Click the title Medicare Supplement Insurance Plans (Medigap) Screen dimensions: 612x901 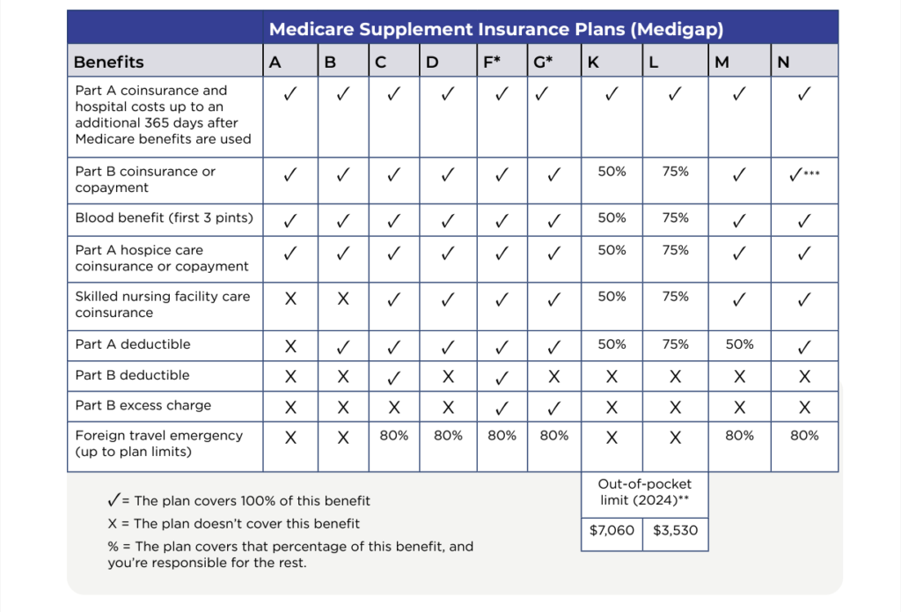pyautogui.click(x=496, y=29)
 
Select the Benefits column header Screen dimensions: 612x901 pyautogui.click(x=109, y=63)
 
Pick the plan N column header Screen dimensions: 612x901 pyautogui.click(x=783, y=63)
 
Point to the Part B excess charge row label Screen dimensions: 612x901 pyautogui.click(x=143, y=406)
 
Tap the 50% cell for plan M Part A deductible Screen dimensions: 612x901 pyautogui.click(x=739, y=344)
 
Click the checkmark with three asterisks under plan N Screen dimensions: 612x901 pyautogui.click(x=804, y=174)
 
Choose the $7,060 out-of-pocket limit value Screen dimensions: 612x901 pyautogui.click(x=612, y=531)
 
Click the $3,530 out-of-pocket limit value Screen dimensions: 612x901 pyautogui.click(x=675, y=531)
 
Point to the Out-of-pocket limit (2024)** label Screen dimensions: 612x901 pyautogui.click(x=644, y=492)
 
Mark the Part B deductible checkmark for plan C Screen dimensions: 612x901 pyautogui.click(x=394, y=377)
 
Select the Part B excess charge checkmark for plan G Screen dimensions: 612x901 pyautogui.click(x=553, y=408)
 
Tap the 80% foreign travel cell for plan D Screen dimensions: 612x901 pyautogui.click(x=447, y=436)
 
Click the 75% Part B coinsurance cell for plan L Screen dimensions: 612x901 pyautogui.click(x=675, y=172)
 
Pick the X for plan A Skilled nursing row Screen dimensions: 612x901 pyautogui.click(x=290, y=299)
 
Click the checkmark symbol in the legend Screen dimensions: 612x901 pyautogui.click(x=113, y=500)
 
